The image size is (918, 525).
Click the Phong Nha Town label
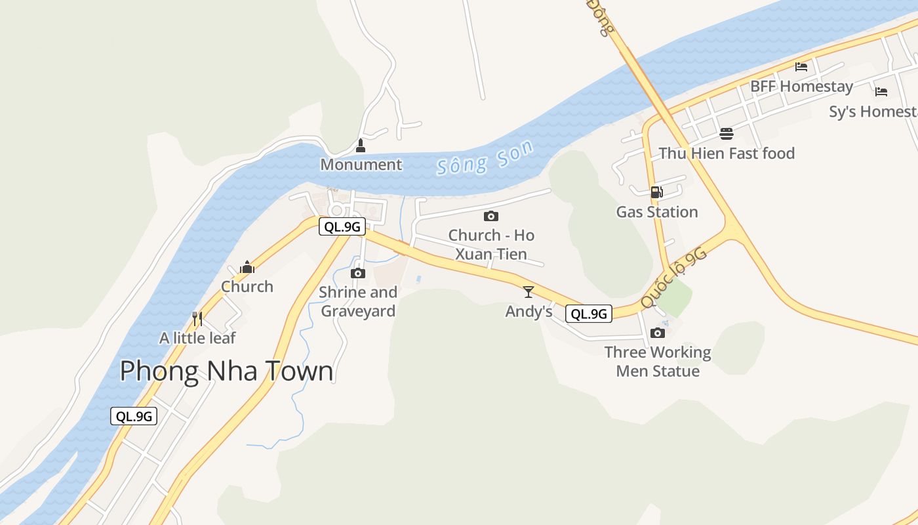[226, 371]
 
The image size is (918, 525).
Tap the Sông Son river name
[485, 158]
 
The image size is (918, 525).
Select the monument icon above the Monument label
[360, 145]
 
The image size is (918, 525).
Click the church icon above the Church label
[247, 267]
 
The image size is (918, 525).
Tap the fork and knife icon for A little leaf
[197, 319]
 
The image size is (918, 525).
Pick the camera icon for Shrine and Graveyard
[358, 273]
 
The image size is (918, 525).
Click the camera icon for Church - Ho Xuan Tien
[491, 216]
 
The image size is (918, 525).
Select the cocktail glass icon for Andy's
[529, 292]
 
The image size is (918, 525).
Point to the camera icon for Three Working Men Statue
[658, 333]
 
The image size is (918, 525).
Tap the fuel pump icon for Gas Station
[656, 192]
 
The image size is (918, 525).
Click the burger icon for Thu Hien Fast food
[727, 134]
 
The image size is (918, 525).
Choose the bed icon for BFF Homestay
[801, 67]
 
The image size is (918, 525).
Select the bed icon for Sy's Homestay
[881, 92]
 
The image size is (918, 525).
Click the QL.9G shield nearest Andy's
[588, 314]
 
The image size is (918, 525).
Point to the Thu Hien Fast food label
[727, 154]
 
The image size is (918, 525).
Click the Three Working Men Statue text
[658, 362]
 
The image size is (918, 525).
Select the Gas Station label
[657, 212]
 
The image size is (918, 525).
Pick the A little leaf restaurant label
[197, 338]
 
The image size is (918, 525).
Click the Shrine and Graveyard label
[358, 302]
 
